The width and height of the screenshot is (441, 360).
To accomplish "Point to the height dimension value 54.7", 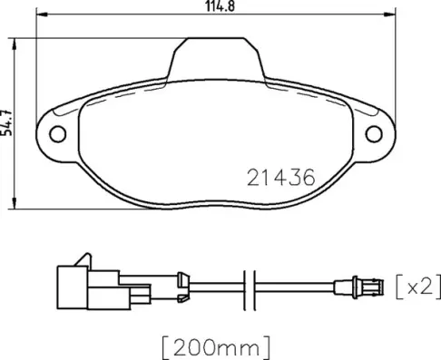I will pyautogui.click(x=8, y=120).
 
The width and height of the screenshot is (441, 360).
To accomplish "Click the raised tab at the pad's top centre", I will pyautogui.click(x=215, y=56).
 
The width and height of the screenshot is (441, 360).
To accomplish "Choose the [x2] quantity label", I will pyautogui.click(x=418, y=287).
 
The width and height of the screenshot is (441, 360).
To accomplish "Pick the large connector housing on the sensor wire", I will pyautogui.click(x=73, y=285).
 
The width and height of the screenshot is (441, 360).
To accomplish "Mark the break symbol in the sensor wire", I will pyautogui.click(x=253, y=287).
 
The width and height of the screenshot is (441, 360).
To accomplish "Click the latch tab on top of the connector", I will pyautogui.click(x=83, y=259).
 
